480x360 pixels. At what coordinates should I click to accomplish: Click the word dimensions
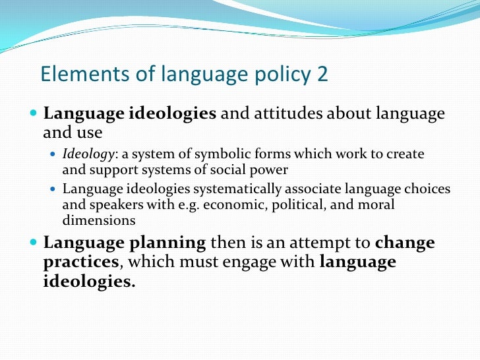click(100, 220)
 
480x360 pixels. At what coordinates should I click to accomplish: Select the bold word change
click(405, 243)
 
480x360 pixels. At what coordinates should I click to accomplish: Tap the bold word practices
click(81, 262)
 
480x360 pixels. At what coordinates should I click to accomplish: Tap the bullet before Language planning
click(35, 243)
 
